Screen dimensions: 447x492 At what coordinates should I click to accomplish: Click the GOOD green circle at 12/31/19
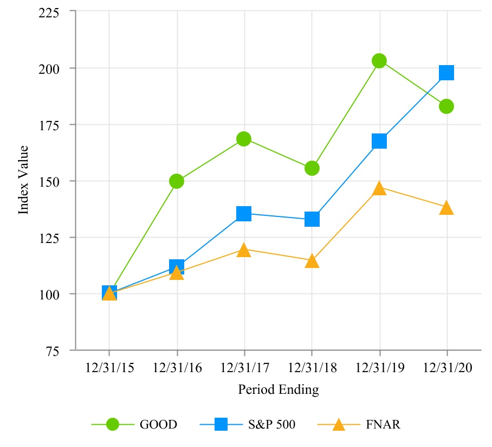tap(379, 61)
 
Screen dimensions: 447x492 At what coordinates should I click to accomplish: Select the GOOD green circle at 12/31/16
tap(177, 181)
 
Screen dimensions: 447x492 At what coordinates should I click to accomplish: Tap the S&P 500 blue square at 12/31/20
tap(446, 73)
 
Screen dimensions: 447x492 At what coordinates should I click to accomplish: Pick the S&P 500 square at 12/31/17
tap(244, 214)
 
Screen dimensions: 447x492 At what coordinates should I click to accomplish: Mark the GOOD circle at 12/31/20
tap(446, 106)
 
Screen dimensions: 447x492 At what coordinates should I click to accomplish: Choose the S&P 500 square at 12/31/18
tap(312, 219)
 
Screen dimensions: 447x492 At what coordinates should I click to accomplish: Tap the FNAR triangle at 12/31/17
tap(244, 250)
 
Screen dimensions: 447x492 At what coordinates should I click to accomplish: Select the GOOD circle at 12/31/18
tap(312, 168)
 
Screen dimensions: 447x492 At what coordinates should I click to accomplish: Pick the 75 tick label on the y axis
tap(53, 350)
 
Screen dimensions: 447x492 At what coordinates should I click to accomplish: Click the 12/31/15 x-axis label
tap(109, 368)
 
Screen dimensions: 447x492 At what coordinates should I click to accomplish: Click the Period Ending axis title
tap(278, 389)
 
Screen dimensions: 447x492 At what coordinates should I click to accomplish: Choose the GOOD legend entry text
tap(158, 425)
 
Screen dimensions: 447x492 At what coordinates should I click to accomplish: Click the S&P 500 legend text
tap(273, 425)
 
